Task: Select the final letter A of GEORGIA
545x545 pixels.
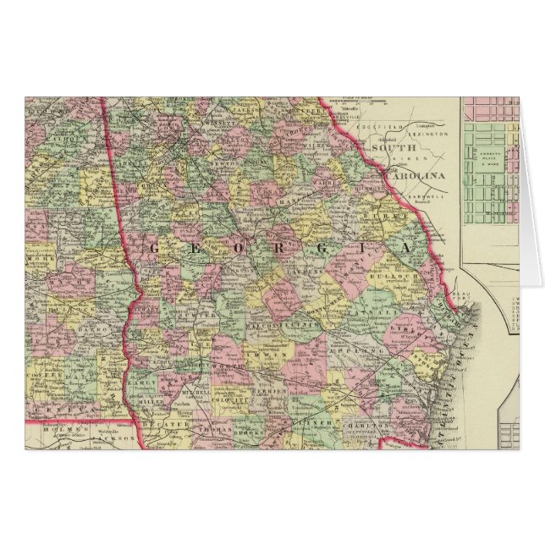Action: coord(404,248)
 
